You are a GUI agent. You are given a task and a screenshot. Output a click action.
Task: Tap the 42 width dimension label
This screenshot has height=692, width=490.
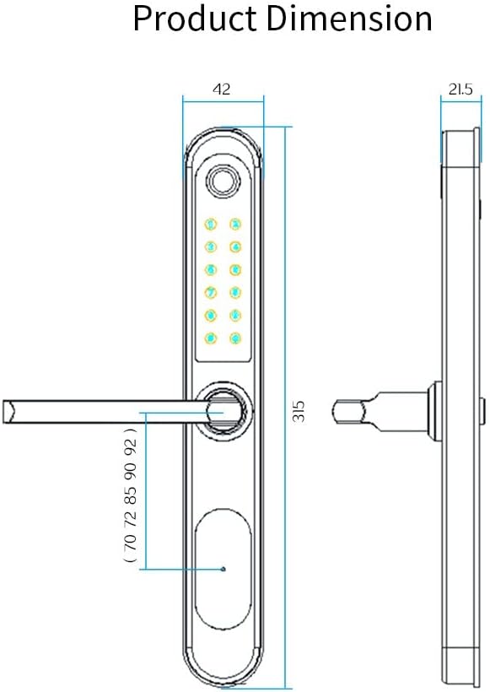(x=223, y=89)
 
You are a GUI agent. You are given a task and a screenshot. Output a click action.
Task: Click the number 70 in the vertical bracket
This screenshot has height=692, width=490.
(x=130, y=543)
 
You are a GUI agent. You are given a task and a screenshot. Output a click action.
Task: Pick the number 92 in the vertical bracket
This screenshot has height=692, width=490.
(x=130, y=446)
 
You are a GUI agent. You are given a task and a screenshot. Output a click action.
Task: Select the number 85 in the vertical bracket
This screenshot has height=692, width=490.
(x=130, y=495)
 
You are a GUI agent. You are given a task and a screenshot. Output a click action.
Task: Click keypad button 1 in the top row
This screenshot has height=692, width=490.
(x=210, y=224)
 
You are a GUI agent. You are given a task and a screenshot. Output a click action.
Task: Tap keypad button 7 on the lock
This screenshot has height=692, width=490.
(x=210, y=293)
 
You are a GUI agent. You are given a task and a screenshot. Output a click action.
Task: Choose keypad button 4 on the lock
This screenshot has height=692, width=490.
(x=235, y=247)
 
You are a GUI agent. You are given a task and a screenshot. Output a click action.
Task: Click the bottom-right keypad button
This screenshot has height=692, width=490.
(x=235, y=338)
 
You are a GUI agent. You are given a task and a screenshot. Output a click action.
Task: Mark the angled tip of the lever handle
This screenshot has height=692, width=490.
(x=9, y=411)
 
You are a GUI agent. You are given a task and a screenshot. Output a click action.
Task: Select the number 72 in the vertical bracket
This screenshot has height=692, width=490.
(x=130, y=518)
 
